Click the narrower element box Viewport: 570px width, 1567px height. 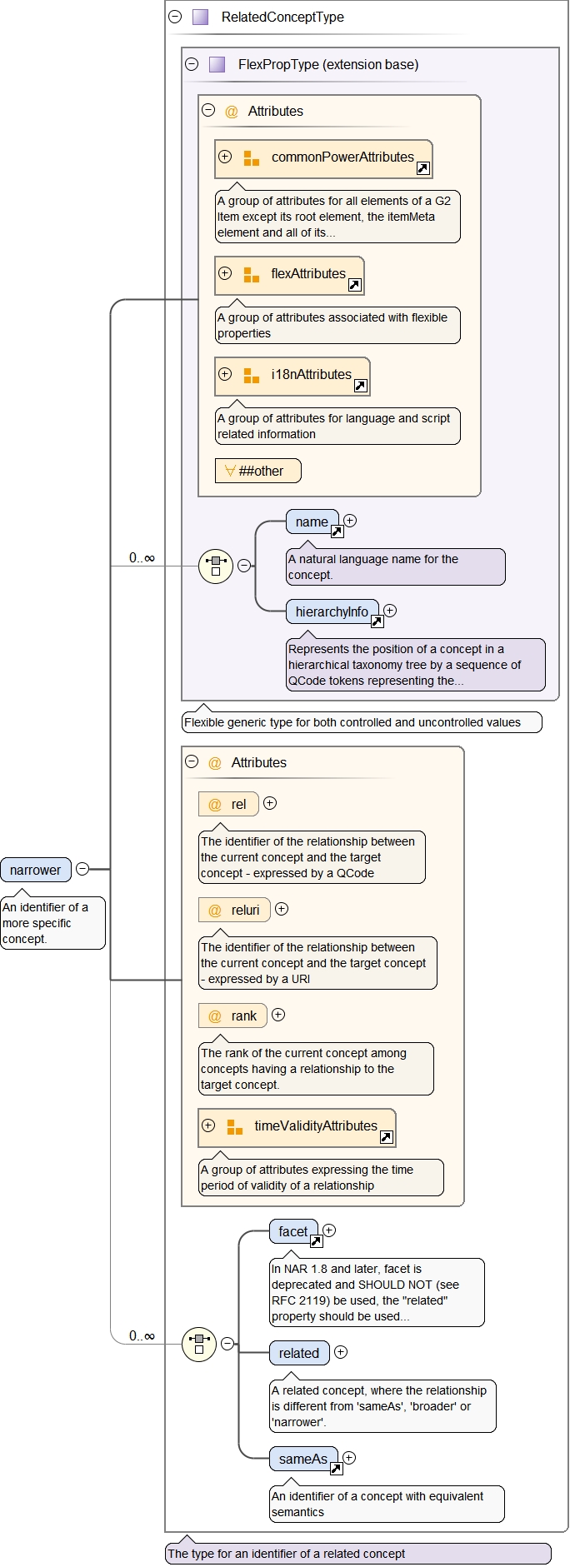[x=36, y=870]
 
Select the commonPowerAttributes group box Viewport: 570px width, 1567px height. [x=323, y=158]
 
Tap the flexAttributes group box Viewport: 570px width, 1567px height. [x=289, y=275]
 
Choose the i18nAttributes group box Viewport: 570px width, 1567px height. [x=292, y=376]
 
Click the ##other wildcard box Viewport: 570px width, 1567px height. [x=257, y=471]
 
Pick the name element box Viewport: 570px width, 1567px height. [x=312, y=522]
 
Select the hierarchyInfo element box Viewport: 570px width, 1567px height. [x=332, y=611]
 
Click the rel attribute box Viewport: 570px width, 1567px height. [x=228, y=804]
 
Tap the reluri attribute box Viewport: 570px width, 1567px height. [x=234, y=910]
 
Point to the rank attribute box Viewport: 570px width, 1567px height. [x=232, y=1016]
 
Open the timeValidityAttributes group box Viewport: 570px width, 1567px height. [x=297, y=1127]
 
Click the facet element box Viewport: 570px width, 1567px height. [x=293, y=1231]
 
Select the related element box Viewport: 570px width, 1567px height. [x=298, y=1353]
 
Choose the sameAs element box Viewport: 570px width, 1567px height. [x=302, y=1459]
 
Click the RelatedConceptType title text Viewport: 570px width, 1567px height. [x=282, y=17]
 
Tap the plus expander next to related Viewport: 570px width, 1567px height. [x=341, y=1352]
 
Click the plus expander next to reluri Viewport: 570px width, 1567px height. [x=282, y=909]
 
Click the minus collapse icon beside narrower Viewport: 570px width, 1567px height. [x=82, y=869]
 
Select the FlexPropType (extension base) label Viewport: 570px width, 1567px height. [x=328, y=64]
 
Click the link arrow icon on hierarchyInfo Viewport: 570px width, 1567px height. [x=377, y=621]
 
